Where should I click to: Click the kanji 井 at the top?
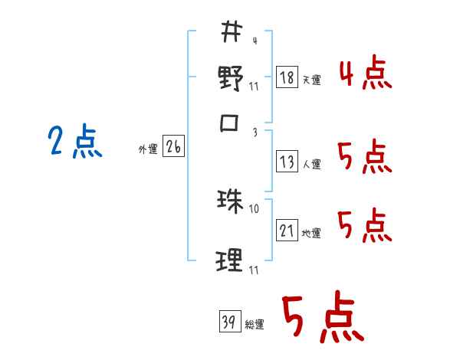(232, 33)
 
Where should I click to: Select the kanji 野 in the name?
(231, 78)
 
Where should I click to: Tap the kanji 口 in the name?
(231, 123)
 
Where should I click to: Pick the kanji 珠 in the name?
(230, 201)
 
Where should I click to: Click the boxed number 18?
(287, 77)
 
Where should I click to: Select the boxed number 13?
(287, 162)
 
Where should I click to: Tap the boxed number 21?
(287, 231)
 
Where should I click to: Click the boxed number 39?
(228, 321)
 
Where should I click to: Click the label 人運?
(311, 164)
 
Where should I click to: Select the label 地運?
(311, 233)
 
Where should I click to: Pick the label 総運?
(254, 324)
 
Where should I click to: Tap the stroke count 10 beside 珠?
(255, 208)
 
